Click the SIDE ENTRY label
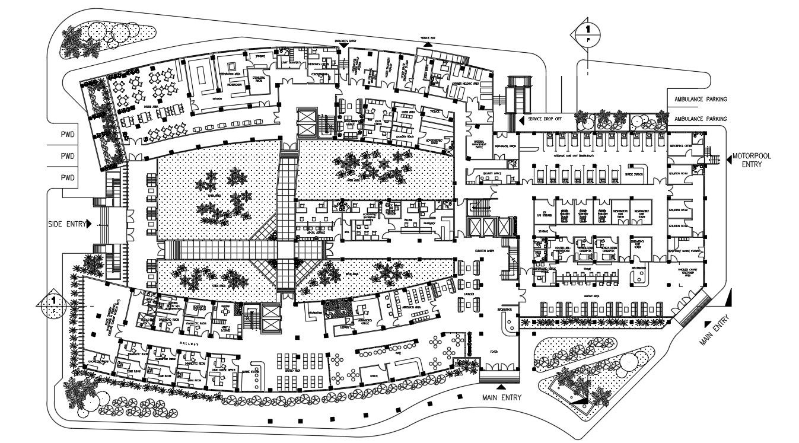66,224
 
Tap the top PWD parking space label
68,135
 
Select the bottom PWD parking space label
68,177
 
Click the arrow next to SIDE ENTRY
88,224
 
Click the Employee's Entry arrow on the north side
345,45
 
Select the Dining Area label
151,107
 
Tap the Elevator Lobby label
485,251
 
